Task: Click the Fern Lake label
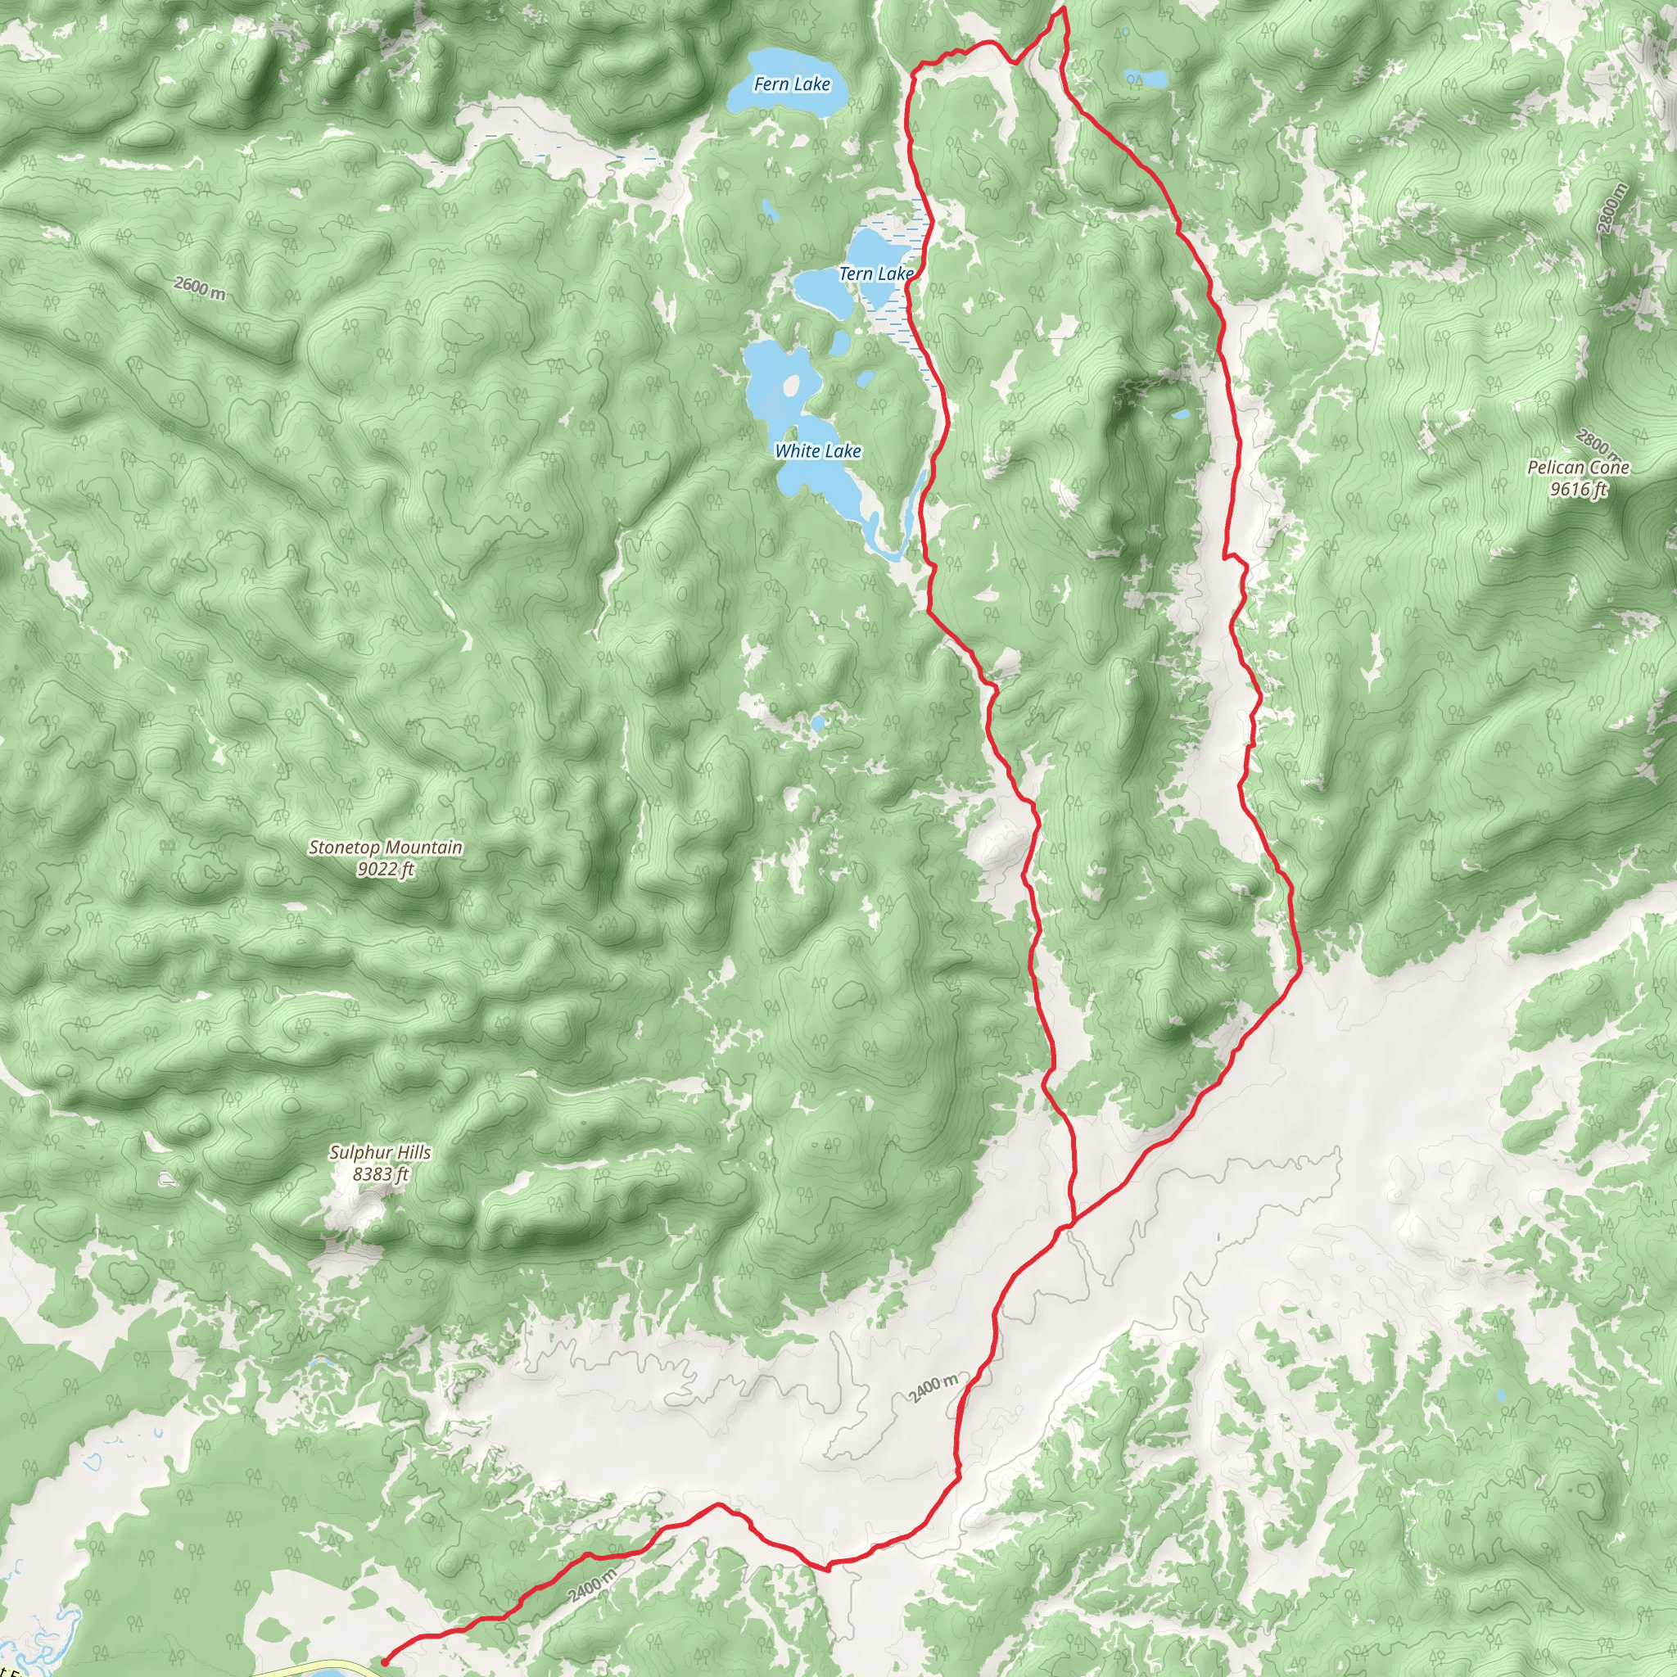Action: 792,84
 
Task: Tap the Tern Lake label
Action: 876,274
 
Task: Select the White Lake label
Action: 818,450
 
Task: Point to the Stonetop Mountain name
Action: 386,848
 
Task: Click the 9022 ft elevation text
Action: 386,869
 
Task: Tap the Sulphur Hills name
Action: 380,1153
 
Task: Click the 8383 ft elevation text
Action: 380,1174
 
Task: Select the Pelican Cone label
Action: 1578,468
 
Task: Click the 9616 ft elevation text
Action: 1578,490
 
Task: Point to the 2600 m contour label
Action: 200,287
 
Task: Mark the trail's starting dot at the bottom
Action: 385,1661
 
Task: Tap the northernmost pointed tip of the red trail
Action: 1061,9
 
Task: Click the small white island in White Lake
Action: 791,385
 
